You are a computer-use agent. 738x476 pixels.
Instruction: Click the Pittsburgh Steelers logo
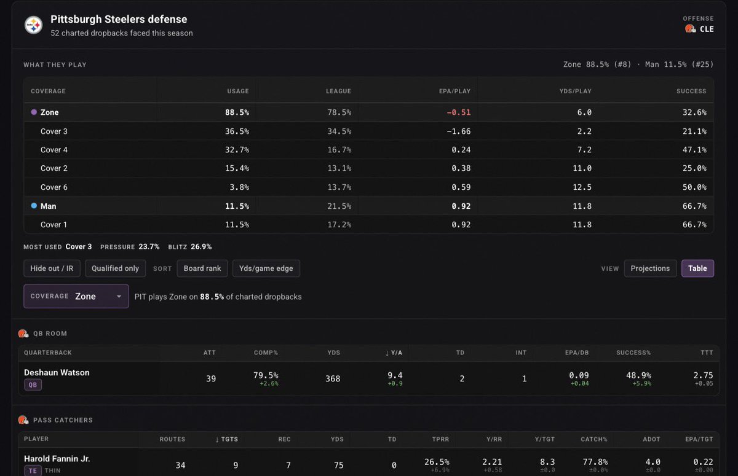coord(33,25)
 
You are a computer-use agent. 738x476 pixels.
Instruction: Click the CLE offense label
coord(707,29)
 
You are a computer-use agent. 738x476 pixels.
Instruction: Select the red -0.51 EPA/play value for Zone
coord(458,112)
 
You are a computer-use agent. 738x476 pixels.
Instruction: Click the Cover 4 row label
coord(54,150)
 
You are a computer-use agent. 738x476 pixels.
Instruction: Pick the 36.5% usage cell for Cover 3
coord(237,131)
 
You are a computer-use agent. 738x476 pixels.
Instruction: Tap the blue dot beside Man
coord(34,206)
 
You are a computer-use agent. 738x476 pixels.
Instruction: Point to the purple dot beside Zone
coord(34,112)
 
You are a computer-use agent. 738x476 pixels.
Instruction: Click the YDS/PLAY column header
coord(575,91)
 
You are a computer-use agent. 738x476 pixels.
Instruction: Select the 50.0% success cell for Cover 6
coord(694,187)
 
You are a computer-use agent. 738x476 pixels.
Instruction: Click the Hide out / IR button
coord(52,268)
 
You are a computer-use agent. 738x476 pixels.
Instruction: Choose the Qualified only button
coord(116,268)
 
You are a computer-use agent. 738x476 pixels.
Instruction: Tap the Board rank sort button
coord(202,268)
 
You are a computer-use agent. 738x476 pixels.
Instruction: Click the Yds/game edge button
coord(266,268)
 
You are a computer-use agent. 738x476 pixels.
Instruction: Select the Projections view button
coord(651,268)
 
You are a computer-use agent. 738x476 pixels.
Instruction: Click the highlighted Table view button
coord(697,268)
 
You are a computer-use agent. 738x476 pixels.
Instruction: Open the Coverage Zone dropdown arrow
coord(119,297)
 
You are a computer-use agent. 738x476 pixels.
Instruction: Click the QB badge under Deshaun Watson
coord(33,385)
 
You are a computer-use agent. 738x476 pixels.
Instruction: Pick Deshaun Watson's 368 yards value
coord(333,378)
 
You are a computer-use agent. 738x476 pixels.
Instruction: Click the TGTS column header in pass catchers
coord(226,440)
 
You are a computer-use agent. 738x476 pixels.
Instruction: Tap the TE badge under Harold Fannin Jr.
coord(33,470)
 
